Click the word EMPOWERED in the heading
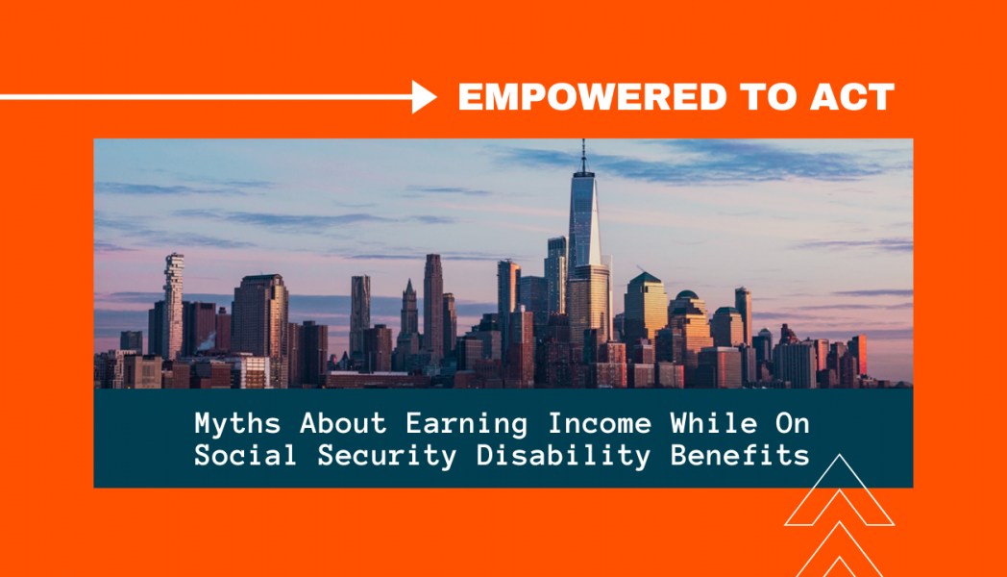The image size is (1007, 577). tap(592, 97)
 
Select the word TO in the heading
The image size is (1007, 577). tap(768, 97)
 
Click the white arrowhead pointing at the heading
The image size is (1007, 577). tap(424, 97)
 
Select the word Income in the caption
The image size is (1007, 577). tap(600, 423)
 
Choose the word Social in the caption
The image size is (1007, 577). tap(245, 455)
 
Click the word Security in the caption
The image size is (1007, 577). tap(386, 456)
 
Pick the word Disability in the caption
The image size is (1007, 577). tap(563, 456)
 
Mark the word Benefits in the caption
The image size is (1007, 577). tap(740, 455)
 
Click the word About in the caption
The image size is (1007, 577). tap(343, 423)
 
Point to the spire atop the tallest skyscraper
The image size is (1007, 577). tap(583, 156)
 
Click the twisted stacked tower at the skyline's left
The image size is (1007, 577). tap(173, 306)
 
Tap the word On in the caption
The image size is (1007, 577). tap(792, 423)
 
